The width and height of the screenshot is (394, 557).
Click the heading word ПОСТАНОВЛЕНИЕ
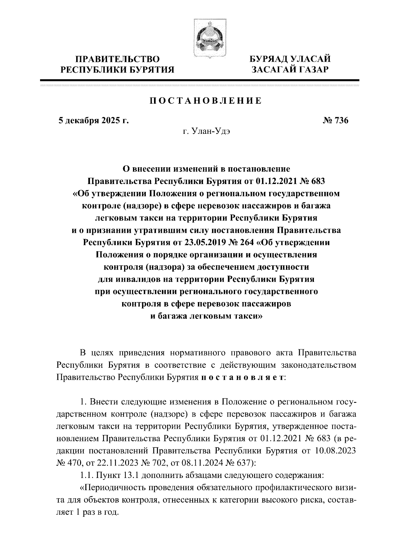click(206, 101)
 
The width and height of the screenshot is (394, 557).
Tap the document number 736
click(340, 120)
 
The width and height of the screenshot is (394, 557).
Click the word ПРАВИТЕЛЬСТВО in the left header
click(118, 59)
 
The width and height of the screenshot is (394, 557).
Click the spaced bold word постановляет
click(242, 377)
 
